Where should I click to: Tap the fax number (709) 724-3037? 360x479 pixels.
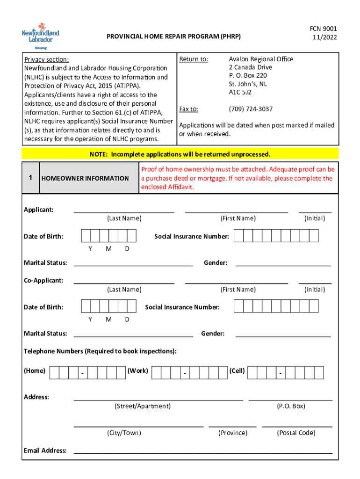pos(251,109)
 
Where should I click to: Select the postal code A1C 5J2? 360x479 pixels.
pos(240,92)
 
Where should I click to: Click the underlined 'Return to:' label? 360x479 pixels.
pos(194,59)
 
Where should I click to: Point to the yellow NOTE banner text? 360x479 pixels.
pos(180,154)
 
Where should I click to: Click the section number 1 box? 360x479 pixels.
pos(30,178)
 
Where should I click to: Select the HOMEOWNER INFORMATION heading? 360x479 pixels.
pos(85,178)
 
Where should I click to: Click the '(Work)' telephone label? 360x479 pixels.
pos(138,371)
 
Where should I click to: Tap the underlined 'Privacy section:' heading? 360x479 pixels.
pos(47,59)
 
